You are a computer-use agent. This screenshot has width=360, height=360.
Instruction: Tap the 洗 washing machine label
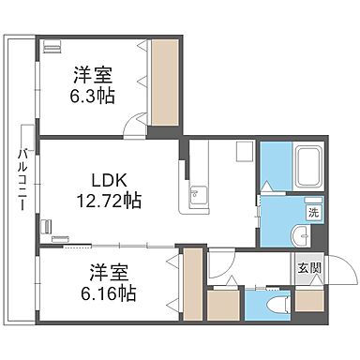313,213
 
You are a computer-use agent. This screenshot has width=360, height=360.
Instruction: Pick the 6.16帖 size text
107,292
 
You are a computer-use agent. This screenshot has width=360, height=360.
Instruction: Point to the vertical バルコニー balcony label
19,178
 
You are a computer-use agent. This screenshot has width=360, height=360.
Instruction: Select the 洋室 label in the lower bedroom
107,273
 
